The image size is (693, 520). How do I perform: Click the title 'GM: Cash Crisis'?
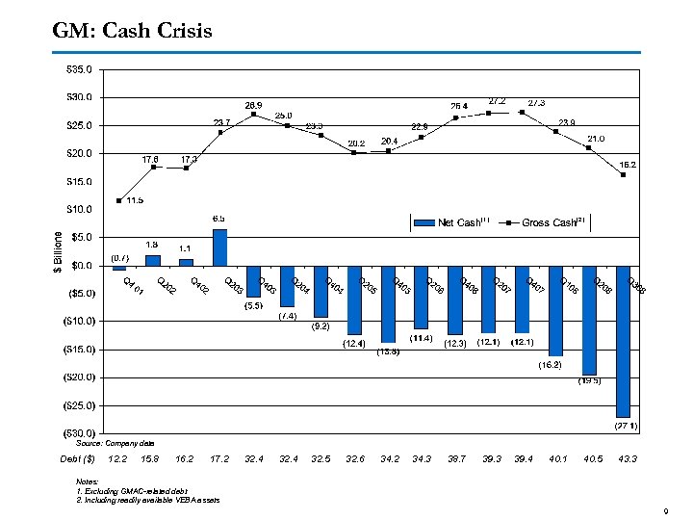[x=133, y=32]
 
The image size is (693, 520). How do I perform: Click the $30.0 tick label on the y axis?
[x=79, y=97]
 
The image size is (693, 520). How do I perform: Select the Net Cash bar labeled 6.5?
[x=219, y=247]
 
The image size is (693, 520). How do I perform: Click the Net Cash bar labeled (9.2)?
[x=321, y=291]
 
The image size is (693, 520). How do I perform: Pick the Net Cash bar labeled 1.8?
[x=152, y=260]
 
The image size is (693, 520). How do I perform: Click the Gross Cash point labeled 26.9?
[x=254, y=115]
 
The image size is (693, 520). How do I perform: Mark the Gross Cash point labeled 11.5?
[x=118, y=200]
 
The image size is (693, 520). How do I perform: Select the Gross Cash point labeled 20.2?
[x=354, y=152]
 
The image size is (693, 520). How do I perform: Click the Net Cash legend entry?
[x=451, y=222]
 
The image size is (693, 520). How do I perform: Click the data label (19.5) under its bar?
[x=589, y=381]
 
